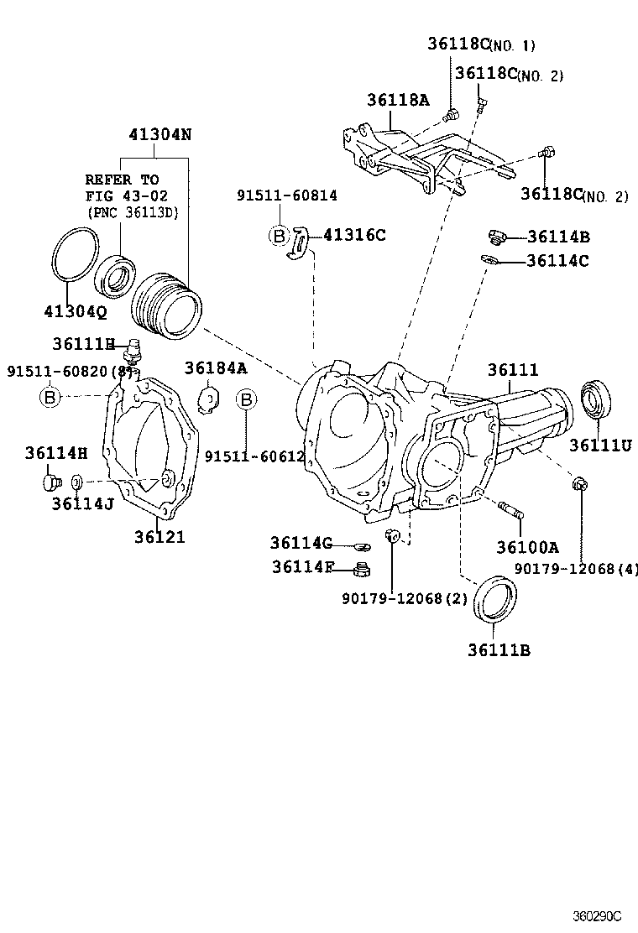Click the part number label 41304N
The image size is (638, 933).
pos(159,134)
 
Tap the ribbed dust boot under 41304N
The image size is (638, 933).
pos(169,304)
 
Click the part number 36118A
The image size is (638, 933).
pos(397,101)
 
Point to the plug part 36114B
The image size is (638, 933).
pos(495,237)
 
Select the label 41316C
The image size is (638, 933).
pos(355,236)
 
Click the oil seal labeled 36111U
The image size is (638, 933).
pos(598,400)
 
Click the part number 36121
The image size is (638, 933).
pos(159,537)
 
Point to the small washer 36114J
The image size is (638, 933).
pos(76,482)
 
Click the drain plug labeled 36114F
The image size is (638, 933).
pos(363,571)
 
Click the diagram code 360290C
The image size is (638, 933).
pos(598,915)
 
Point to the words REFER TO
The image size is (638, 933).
pos(122,180)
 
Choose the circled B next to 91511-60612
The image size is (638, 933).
pos(246,399)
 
